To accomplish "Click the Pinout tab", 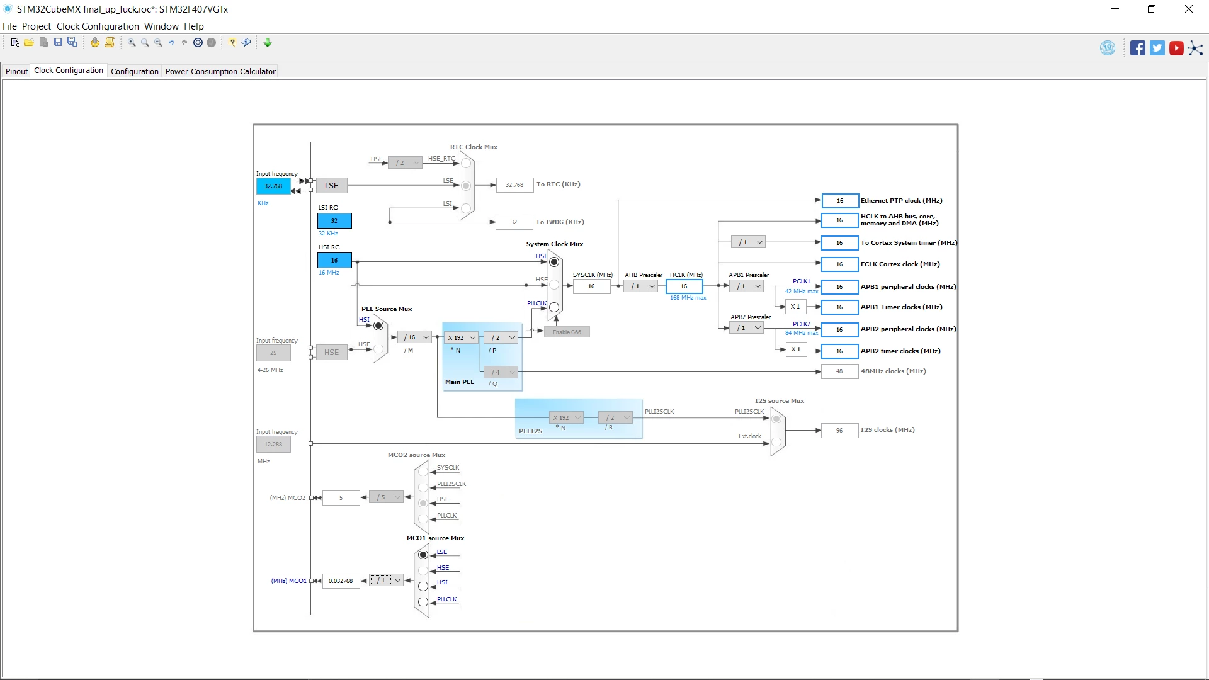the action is coord(16,71).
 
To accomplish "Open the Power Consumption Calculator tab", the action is coord(220,71).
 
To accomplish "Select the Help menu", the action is coord(194,26).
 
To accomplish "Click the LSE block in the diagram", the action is coord(331,186).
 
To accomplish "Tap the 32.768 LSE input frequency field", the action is coord(273,186).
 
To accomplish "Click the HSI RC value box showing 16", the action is coord(334,260).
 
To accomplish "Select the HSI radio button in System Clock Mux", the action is coord(554,262).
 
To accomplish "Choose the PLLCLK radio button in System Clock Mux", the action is coord(554,307).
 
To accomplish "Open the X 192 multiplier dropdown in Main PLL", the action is coord(462,337).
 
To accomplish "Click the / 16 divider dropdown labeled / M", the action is coord(415,337).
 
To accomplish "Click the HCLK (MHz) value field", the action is coord(684,286).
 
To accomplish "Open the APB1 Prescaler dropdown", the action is coord(747,286).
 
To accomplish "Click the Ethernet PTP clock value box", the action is coord(840,201).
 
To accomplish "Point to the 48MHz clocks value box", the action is coord(839,371).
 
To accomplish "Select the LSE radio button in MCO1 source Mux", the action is coord(423,555).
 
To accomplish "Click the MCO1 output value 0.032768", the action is coord(341,581).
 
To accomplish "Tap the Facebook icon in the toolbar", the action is coord(1137,48).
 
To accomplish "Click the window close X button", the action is coord(1189,9).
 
